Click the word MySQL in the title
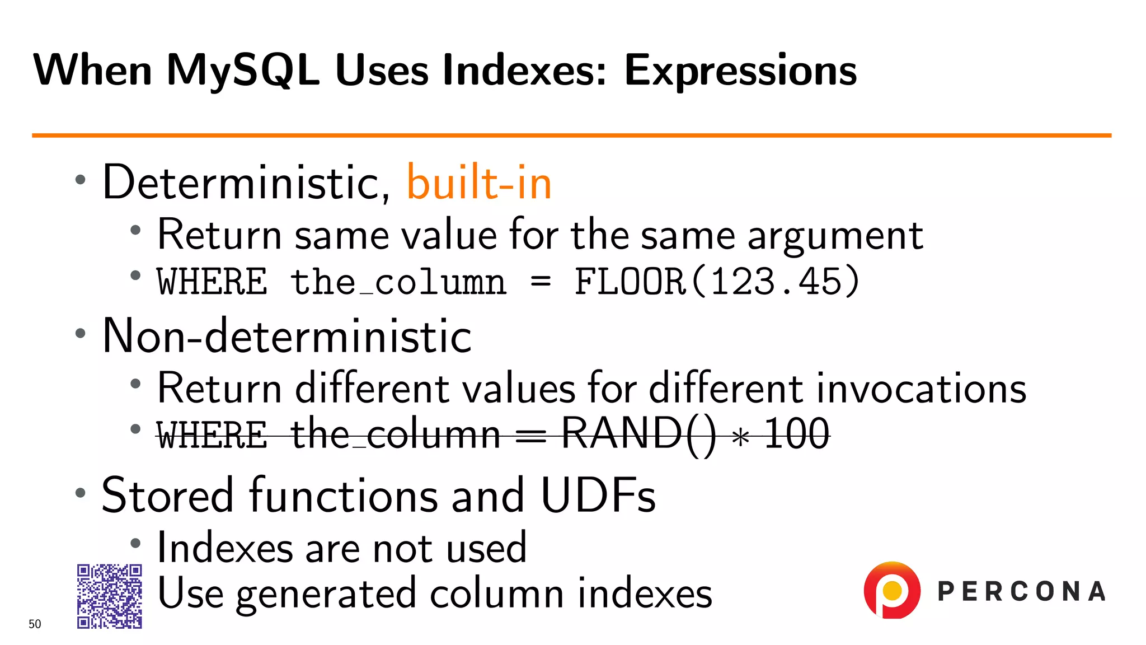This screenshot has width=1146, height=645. point(243,71)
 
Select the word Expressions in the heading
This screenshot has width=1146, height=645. point(740,71)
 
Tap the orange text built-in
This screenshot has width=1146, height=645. point(479,183)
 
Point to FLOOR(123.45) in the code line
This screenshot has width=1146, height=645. point(717,281)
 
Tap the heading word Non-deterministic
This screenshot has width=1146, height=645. point(287,336)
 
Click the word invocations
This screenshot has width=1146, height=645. point(921,388)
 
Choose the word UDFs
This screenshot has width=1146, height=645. point(598,496)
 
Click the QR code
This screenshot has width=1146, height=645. point(110,596)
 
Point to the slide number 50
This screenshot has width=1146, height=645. point(35,624)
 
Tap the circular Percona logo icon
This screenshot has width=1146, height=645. point(892,590)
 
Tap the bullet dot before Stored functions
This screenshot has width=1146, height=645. point(81,493)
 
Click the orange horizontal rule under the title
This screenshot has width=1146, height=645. point(571,135)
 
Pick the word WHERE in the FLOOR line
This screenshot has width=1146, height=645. point(212,282)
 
